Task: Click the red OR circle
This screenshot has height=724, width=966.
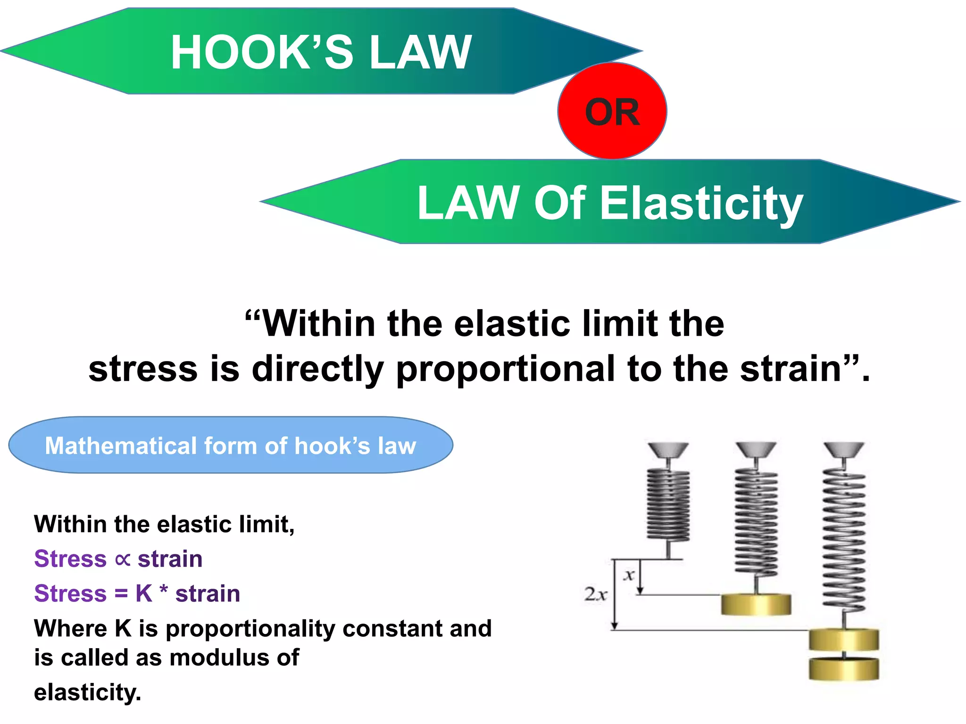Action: click(612, 111)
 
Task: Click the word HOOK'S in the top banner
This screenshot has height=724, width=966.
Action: click(262, 52)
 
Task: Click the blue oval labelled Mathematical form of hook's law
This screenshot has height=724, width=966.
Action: click(231, 445)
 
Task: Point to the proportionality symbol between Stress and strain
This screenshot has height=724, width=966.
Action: click(122, 559)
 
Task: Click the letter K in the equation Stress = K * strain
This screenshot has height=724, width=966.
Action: click(144, 593)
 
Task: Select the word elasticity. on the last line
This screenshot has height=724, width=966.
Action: click(88, 692)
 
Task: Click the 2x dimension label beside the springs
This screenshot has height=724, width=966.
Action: click(595, 594)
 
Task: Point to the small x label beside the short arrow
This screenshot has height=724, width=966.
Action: click(629, 575)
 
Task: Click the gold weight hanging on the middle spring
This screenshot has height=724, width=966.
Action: click(756, 604)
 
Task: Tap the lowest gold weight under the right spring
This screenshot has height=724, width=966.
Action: click(844, 669)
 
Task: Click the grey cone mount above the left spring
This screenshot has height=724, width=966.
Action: click(668, 450)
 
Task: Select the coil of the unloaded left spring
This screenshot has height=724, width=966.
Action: click(668, 505)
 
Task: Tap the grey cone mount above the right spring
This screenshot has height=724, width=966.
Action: click(844, 450)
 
